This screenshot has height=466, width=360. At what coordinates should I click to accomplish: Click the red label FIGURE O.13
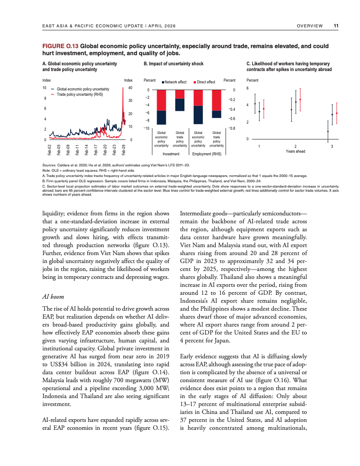tap(60, 46)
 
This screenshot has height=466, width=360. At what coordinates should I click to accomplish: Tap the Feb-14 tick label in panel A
tap(87, 150)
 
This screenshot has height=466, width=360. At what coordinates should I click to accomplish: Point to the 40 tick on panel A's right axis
tap(130, 89)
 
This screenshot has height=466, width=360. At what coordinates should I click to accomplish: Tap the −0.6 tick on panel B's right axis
tap(231, 119)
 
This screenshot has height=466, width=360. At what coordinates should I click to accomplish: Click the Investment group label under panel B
tap(171, 154)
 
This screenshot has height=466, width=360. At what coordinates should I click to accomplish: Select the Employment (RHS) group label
tap(207, 154)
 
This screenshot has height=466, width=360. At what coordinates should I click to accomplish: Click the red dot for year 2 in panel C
tap(300, 99)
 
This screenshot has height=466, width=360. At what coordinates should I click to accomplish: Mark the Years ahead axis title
tap(296, 151)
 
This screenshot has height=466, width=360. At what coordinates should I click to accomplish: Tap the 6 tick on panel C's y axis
tap(247, 89)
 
